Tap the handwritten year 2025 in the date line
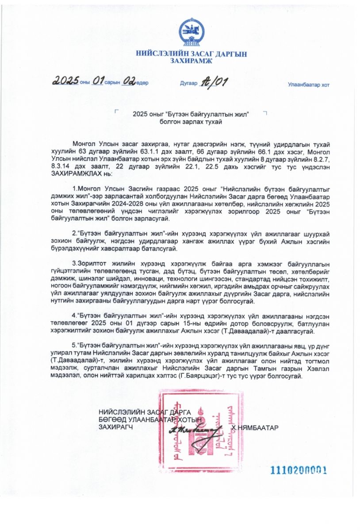point(65,81)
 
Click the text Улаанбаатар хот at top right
point(308,85)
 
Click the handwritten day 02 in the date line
point(129,81)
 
